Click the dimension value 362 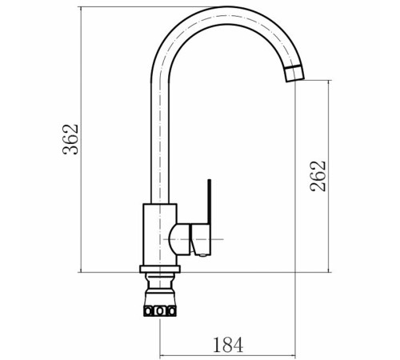(70, 139)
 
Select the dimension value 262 (318, 176)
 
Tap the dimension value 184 (228, 345)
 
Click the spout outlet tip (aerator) (294, 73)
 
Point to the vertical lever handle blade (210, 202)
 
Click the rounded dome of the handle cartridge (180, 239)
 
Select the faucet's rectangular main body (160, 234)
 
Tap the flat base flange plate (160, 269)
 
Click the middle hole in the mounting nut (160, 311)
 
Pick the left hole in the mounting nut (147, 311)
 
